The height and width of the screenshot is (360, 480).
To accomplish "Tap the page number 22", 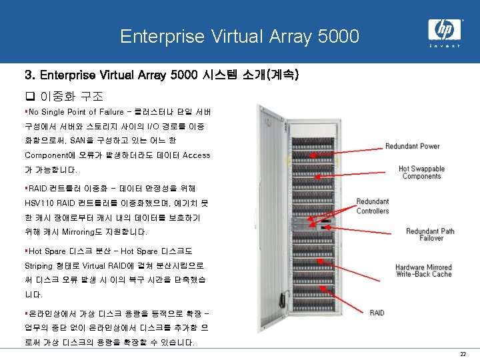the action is point(462,354).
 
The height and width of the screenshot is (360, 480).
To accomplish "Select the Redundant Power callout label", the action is point(412,146).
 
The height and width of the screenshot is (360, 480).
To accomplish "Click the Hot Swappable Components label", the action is point(421,173).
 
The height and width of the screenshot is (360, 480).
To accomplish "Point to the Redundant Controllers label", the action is point(372,206).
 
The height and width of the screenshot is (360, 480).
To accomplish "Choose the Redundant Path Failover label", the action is point(430,235).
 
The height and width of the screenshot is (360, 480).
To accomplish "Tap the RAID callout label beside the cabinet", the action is point(377,312).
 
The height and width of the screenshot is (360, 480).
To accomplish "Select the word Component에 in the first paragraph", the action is point(51,155).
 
